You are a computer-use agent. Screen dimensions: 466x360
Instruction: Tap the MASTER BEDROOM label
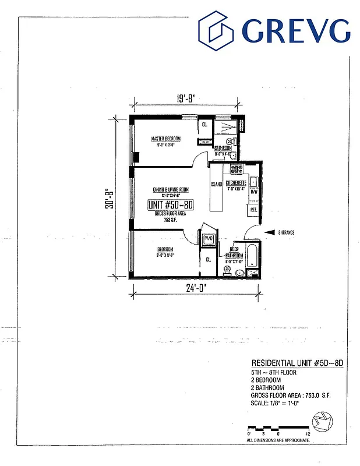point(165,139)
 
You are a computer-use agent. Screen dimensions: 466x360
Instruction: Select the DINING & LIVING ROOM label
point(171,190)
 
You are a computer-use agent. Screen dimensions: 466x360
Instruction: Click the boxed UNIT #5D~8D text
point(171,204)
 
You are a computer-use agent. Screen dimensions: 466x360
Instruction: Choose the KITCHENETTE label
point(237,182)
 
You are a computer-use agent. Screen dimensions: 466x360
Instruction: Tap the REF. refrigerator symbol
point(254,209)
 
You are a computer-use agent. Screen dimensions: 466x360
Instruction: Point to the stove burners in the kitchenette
point(237,170)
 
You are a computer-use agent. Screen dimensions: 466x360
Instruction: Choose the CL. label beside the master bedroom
point(205,124)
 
